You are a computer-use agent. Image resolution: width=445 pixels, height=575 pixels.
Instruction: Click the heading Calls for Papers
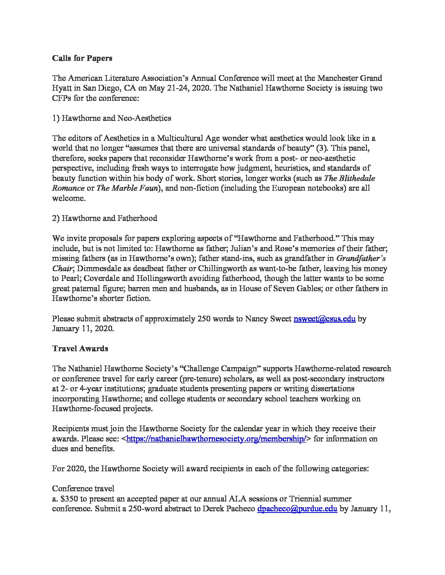[82, 58]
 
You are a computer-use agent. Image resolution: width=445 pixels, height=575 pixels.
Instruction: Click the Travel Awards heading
[80, 348]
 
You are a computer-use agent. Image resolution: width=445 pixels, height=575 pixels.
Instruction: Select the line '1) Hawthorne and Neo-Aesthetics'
[111, 118]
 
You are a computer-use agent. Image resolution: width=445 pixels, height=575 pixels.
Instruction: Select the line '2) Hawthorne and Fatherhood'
[105, 218]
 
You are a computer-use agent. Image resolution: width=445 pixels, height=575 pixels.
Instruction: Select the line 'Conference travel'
[83, 488]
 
